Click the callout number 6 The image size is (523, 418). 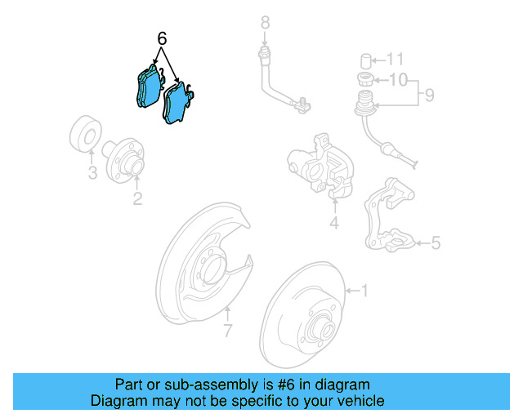pyautogui.click(x=162, y=38)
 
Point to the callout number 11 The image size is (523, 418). pyautogui.click(x=396, y=59)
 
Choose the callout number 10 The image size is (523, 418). pyautogui.click(x=396, y=79)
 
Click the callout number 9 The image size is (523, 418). pyautogui.click(x=429, y=96)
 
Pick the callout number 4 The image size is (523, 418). pyautogui.click(x=334, y=224)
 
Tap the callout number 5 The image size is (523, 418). pyautogui.click(x=436, y=242)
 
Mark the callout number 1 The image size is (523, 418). pyautogui.click(x=365, y=290)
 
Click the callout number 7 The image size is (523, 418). pyautogui.click(x=228, y=330)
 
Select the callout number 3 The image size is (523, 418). pyautogui.click(x=92, y=173)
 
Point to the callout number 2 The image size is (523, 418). pyautogui.click(x=137, y=198)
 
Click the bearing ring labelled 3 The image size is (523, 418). pyautogui.click(x=84, y=135)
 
